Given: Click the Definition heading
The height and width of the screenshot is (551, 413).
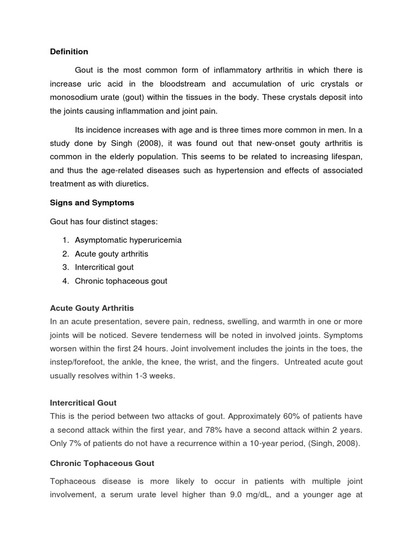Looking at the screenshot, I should click(69, 52).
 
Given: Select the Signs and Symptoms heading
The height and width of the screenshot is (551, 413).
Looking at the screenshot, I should click(92, 203).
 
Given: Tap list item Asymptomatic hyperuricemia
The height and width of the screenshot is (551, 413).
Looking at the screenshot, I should click(128, 240).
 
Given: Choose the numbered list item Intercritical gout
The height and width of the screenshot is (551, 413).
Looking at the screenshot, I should click(104, 267).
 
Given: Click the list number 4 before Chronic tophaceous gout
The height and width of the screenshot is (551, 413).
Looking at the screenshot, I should click(65, 281).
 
